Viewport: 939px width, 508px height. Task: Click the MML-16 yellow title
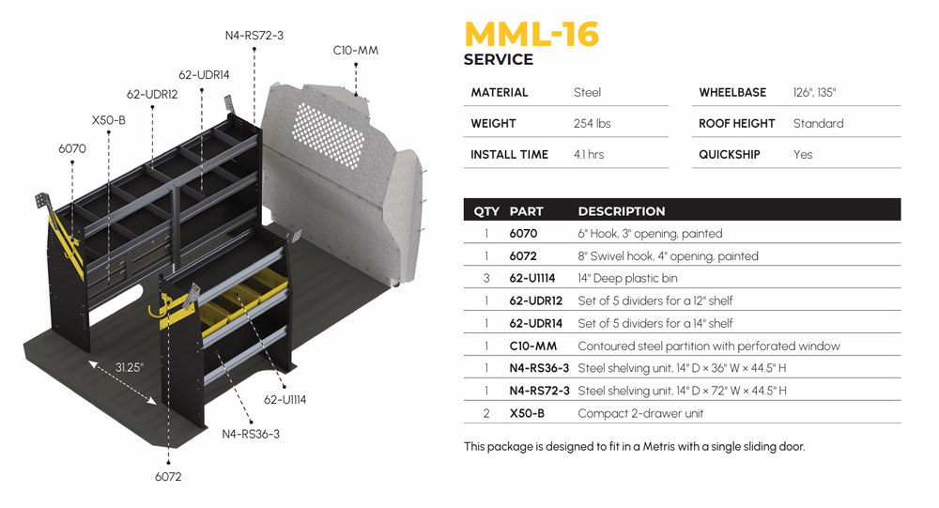(531, 33)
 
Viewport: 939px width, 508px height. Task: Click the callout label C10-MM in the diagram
(356, 50)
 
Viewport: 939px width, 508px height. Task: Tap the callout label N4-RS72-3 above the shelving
(254, 36)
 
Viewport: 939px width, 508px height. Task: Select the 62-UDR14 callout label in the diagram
(204, 74)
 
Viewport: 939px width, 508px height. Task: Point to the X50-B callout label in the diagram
(109, 120)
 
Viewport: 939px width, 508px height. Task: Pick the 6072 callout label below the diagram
(167, 476)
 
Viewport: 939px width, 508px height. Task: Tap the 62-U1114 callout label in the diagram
(285, 400)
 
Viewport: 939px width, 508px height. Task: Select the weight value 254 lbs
(592, 123)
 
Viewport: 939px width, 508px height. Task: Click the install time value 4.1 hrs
(589, 154)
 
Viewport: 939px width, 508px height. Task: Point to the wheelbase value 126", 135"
(814, 92)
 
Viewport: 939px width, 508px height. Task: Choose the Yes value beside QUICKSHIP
(803, 154)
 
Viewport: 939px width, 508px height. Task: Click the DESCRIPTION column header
(621, 211)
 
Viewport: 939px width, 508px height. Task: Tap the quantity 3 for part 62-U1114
(486, 278)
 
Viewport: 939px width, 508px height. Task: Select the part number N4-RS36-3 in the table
(539, 368)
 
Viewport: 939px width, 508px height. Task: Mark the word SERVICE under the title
(499, 59)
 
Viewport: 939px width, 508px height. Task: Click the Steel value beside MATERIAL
(587, 92)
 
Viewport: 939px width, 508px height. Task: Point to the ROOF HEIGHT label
(736, 123)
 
